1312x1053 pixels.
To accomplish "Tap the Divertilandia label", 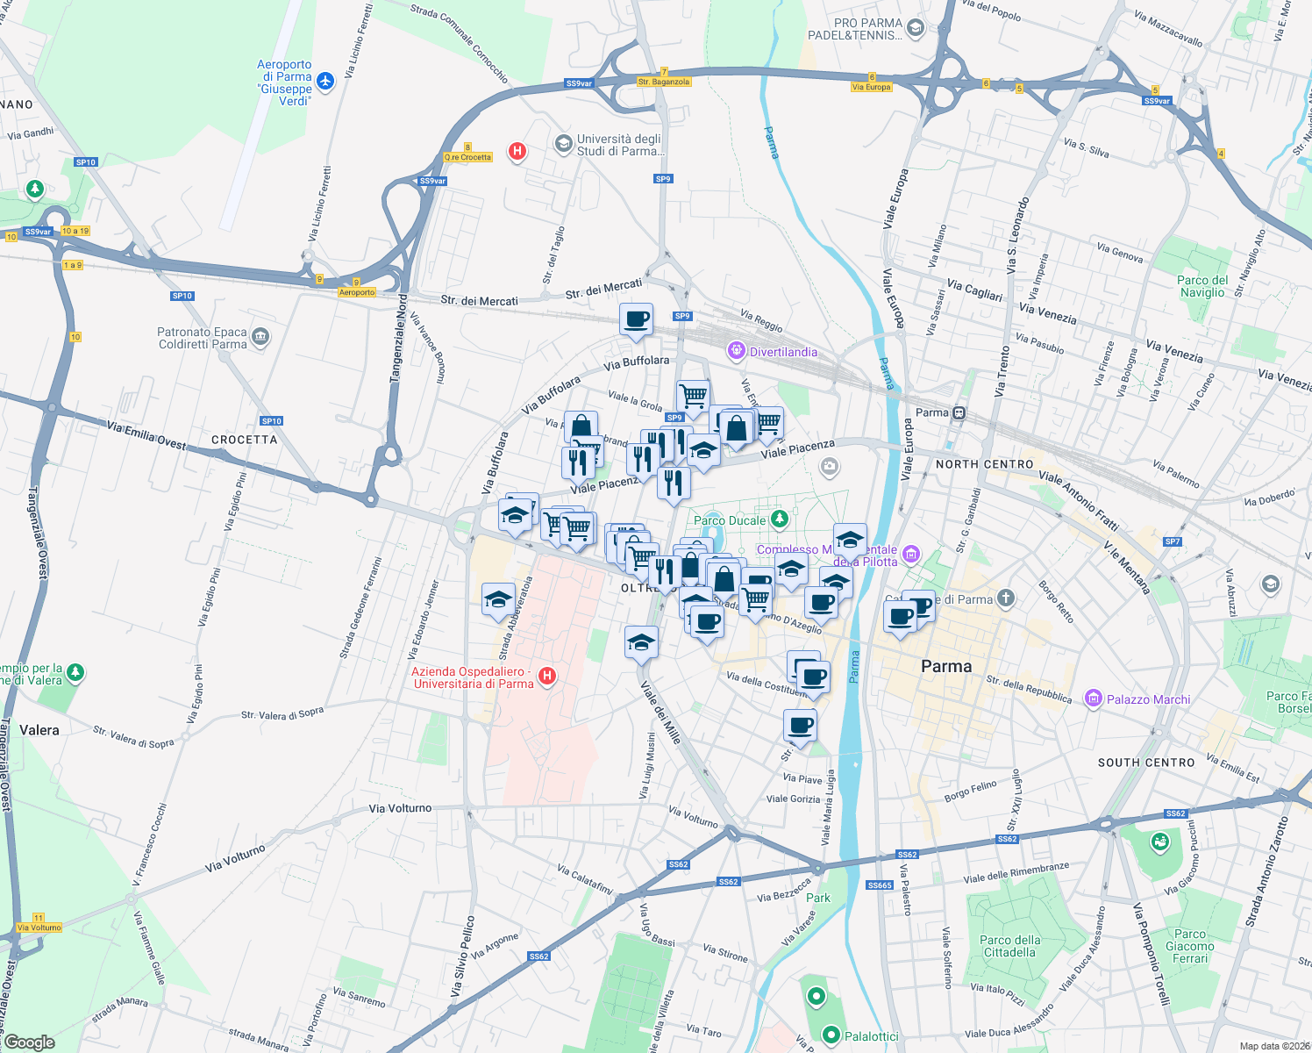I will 784,352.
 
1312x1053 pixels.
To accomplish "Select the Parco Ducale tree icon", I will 779,520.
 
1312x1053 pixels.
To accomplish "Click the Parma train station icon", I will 959,412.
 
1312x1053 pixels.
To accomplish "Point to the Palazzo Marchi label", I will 1148,699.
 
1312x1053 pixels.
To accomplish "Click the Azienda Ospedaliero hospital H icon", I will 547,676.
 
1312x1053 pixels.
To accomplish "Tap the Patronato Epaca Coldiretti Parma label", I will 203,338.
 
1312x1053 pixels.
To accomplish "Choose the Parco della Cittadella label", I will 1010,946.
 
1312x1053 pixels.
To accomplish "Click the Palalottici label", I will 871,1036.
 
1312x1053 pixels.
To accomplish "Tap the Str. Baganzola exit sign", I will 664,82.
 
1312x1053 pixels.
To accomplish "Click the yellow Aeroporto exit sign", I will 357,292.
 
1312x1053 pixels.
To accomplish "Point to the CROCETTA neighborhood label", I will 244,440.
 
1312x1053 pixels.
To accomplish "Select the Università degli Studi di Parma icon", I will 563,143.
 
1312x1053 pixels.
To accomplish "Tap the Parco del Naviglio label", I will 1202,286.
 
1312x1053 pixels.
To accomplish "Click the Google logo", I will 30,1042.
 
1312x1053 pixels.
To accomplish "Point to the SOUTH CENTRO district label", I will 1146,763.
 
